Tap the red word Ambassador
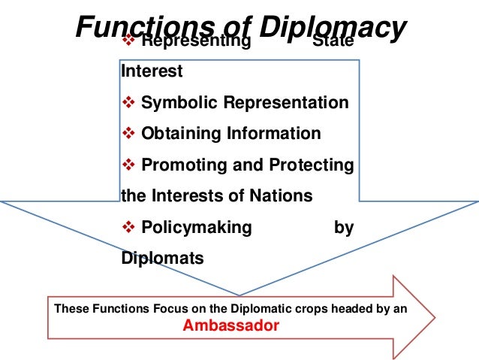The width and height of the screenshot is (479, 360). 231,326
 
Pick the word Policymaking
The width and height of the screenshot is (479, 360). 197,228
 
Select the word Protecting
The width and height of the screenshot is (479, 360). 314,165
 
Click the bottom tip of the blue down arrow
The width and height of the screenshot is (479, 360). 239,294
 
